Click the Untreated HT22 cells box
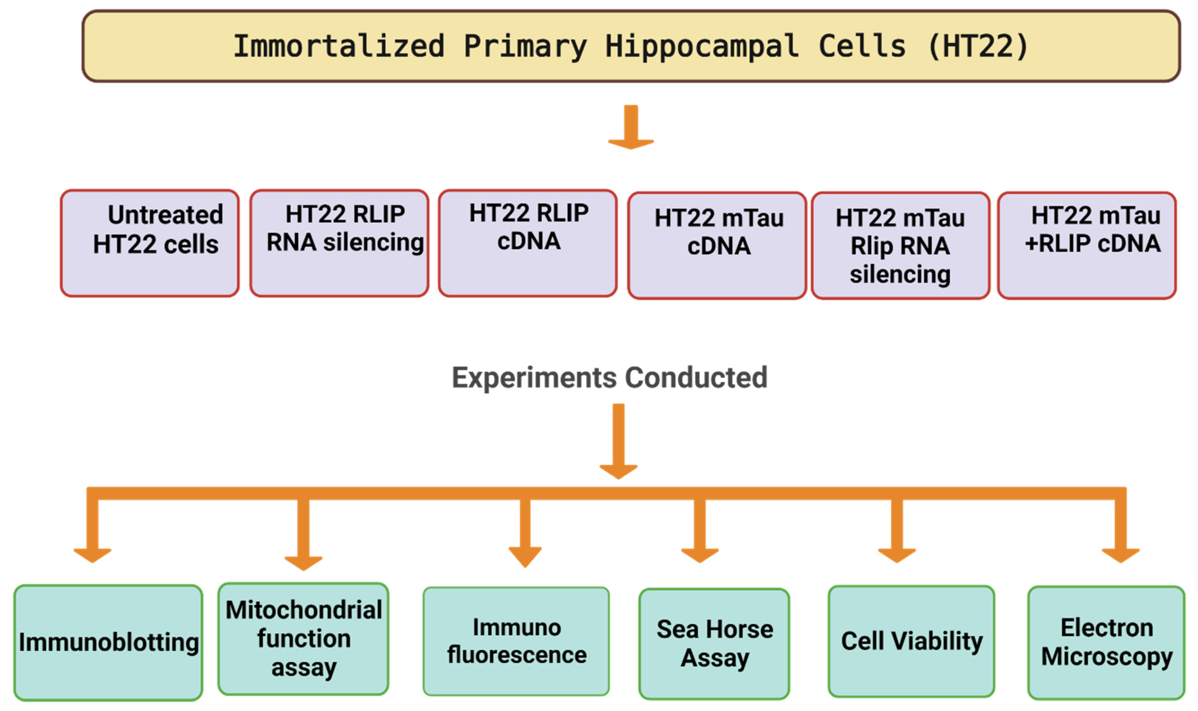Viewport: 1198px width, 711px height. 150,243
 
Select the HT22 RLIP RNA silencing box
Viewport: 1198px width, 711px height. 339,243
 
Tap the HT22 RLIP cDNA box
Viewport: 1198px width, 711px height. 528,243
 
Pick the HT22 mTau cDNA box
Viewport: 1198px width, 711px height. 717,245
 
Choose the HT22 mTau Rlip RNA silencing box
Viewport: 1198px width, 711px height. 900,245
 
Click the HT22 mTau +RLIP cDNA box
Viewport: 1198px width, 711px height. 1086,245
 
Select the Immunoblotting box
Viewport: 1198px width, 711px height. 108,642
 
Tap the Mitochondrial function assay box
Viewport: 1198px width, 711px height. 303,639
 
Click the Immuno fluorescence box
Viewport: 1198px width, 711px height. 516,641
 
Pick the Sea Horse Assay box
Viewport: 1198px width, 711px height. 714,643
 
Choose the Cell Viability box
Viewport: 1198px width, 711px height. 911,641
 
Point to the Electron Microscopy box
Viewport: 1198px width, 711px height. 1106,642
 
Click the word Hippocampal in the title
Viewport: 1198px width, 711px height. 702,46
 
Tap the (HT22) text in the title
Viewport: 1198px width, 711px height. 977,46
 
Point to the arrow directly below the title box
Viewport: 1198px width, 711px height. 631,127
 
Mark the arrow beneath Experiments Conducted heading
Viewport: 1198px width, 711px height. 618,441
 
